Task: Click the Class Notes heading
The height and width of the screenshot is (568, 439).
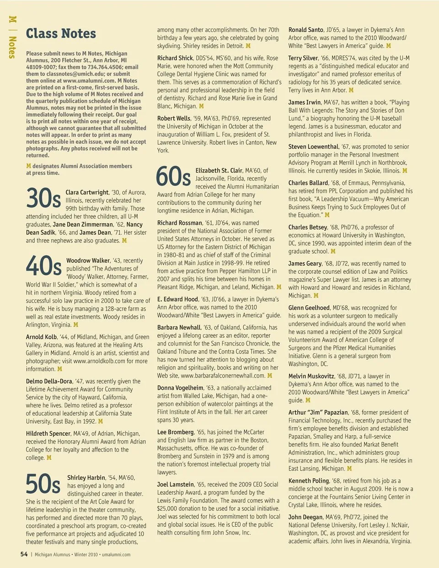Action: pos(61,33)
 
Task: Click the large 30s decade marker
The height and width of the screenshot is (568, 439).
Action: pos(43,198)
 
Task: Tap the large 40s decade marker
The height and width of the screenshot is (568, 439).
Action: pos(43,266)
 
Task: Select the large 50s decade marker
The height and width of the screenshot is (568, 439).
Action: pos(43,483)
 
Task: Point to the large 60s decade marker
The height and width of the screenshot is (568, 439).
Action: pos(173,176)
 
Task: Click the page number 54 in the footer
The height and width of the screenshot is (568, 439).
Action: pos(24,554)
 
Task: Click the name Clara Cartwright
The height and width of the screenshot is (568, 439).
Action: pos(87,192)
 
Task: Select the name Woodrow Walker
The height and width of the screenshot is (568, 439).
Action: pos(88,260)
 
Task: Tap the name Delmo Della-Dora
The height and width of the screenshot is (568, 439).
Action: pos(49,381)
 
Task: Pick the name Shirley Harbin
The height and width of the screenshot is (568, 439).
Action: pos(86,477)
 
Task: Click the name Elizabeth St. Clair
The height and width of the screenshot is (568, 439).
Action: pos(219,170)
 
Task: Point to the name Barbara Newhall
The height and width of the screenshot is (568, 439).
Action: pos(179,327)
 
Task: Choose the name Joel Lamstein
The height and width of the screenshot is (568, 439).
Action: pos(176,484)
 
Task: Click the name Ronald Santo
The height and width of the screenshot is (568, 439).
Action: pos(305,30)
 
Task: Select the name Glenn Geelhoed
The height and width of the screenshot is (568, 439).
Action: pos(309,308)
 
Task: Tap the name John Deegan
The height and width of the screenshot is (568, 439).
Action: pos(305,517)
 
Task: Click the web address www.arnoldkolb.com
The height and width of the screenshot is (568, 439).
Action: pos(99,361)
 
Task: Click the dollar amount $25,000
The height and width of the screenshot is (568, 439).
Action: pos(168,508)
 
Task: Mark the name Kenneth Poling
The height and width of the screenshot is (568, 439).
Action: pos(309,481)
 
